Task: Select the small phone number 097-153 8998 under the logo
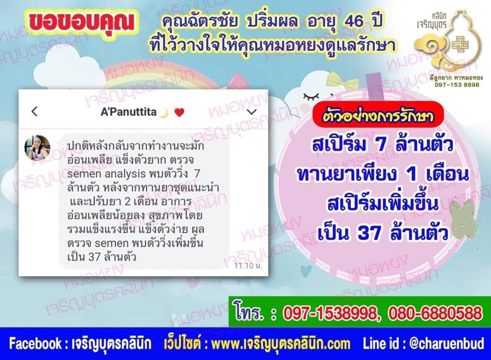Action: point(456,85)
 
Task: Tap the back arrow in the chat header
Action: point(35,111)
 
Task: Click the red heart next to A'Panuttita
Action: point(179,112)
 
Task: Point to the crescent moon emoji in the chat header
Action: point(164,112)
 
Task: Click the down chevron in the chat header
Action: point(252,112)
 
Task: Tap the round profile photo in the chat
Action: point(37,148)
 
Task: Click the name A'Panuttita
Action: point(128,112)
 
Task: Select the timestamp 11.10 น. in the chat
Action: point(248,266)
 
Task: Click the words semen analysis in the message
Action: point(106,174)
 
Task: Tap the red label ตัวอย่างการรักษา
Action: point(378,116)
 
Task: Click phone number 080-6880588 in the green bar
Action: point(435,313)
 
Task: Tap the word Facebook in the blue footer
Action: point(35,343)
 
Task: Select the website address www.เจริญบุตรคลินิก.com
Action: point(281,344)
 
